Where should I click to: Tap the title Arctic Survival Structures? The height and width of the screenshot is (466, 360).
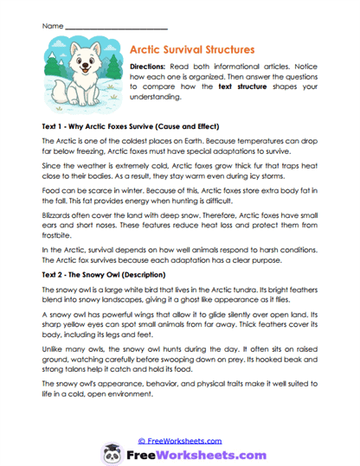coord(191,50)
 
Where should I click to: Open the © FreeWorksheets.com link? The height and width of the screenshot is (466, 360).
coord(180,416)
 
